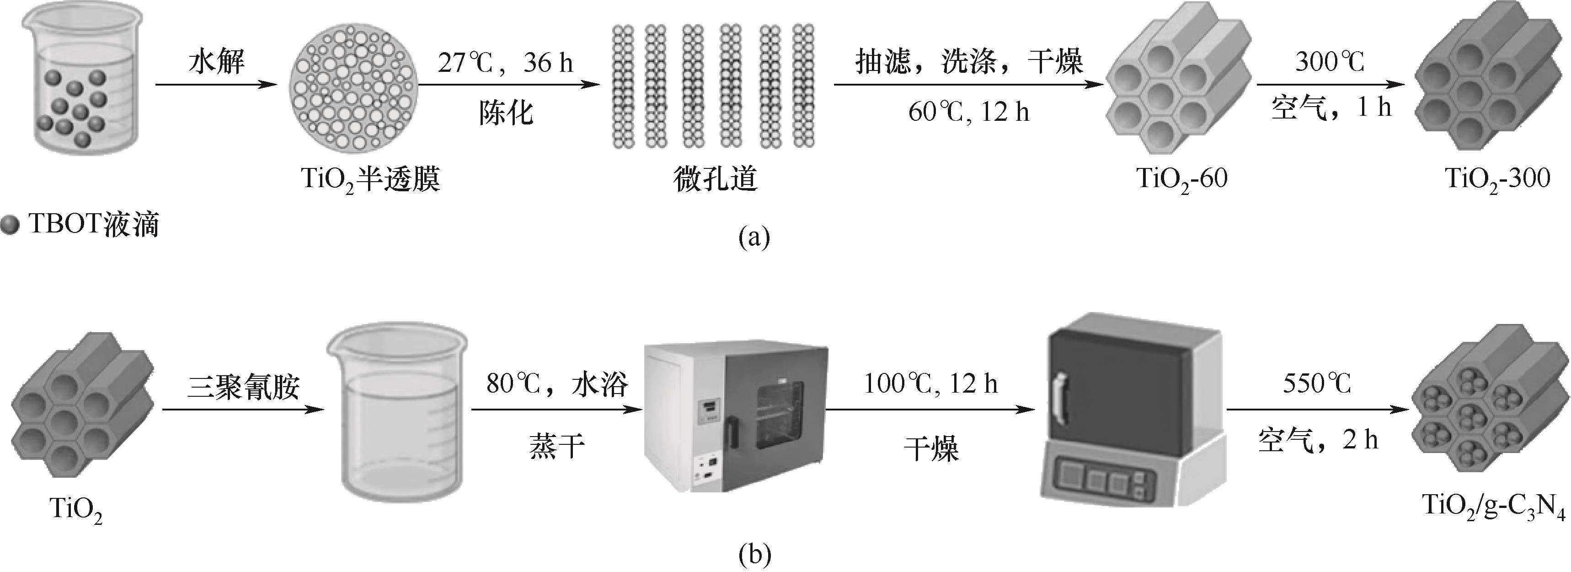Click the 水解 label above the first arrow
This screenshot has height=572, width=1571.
point(217,62)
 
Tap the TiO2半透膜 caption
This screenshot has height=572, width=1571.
point(371,179)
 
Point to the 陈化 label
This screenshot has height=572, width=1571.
point(506,113)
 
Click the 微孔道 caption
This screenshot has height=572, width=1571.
point(715,179)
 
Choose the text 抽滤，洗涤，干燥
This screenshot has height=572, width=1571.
point(968,62)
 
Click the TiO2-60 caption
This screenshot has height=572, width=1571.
point(1182,179)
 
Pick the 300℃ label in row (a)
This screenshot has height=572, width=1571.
point(1330,62)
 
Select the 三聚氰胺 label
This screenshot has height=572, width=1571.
point(243,386)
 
